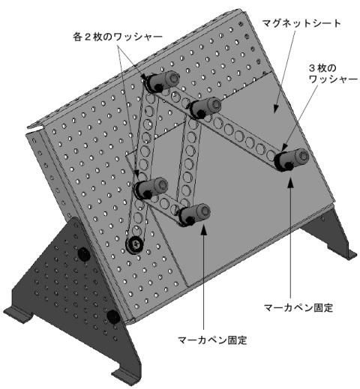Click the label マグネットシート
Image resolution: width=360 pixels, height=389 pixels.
click(x=301, y=23)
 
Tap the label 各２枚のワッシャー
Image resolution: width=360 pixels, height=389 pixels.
click(x=118, y=37)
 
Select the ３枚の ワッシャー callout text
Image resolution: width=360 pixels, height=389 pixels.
click(x=333, y=74)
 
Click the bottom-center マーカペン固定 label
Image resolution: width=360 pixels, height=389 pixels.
click(x=212, y=340)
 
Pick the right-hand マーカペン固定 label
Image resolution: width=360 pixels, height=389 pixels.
click(x=298, y=307)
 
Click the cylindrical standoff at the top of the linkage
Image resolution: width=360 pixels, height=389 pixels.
click(x=163, y=81)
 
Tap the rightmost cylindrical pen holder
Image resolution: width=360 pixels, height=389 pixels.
click(x=292, y=160)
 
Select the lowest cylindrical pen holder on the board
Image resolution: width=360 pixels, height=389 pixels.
click(x=195, y=214)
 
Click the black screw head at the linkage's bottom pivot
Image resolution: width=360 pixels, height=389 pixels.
click(x=135, y=244)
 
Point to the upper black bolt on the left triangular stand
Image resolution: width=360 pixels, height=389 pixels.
click(x=84, y=254)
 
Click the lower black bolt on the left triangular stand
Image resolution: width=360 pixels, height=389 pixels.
click(x=114, y=317)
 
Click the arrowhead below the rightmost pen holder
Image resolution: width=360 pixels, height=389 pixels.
click(x=290, y=182)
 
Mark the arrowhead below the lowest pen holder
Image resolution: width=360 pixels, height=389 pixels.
click(x=204, y=229)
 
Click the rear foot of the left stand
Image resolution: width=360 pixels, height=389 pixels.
click(x=19, y=314)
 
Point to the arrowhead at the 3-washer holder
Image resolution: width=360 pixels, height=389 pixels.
click(x=284, y=149)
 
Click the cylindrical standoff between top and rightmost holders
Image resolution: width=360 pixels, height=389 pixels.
click(x=205, y=108)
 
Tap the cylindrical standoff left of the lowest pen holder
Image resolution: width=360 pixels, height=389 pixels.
click(x=151, y=189)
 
